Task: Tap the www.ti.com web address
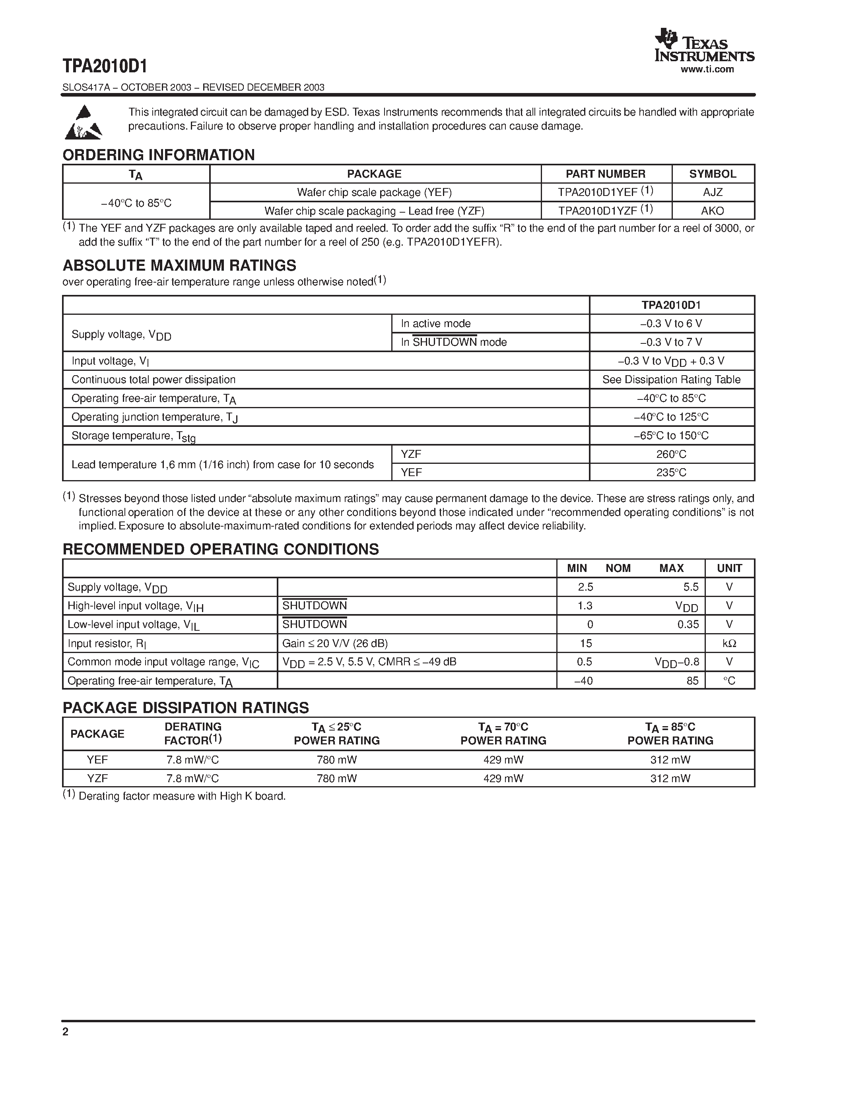(707, 70)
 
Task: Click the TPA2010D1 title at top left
(105, 66)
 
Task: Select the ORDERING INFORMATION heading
(158, 155)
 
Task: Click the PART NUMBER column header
(605, 174)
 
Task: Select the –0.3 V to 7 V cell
(671, 342)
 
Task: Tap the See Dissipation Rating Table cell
(671, 379)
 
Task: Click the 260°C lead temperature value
(671, 454)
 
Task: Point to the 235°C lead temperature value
(671, 473)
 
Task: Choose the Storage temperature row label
(133, 436)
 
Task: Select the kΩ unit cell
(729, 643)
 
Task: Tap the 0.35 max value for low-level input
(688, 624)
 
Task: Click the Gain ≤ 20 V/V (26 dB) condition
(335, 643)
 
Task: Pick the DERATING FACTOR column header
(193, 733)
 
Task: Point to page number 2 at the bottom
(66, 1031)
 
